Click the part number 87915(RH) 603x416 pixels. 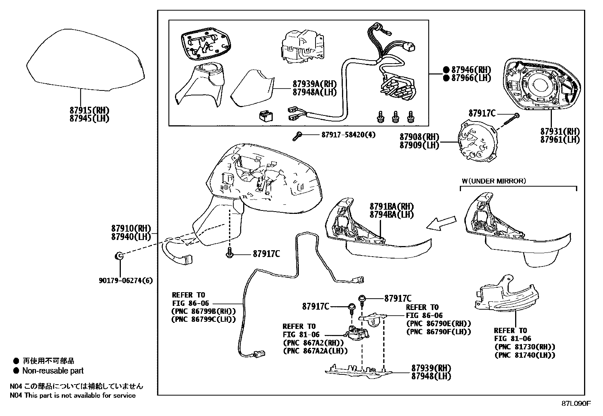coord(89,110)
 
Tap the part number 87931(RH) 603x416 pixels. coord(560,131)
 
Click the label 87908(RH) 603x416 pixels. coord(419,137)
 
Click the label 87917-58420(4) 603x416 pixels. coord(348,134)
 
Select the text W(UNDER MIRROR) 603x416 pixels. coord(493,181)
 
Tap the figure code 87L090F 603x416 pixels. coord(576,404)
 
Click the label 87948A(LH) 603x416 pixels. coord(314,92)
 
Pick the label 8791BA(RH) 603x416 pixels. coord(392,207)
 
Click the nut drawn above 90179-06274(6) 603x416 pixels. coord(119,256)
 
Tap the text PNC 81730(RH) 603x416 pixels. coord(525,347)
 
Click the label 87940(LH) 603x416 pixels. coord(131,237)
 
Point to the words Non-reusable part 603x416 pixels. coord(53,371)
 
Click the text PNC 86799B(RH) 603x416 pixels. coord(203,311)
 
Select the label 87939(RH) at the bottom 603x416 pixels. coord(431,368)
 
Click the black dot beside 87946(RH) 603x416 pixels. coord(446,70)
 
